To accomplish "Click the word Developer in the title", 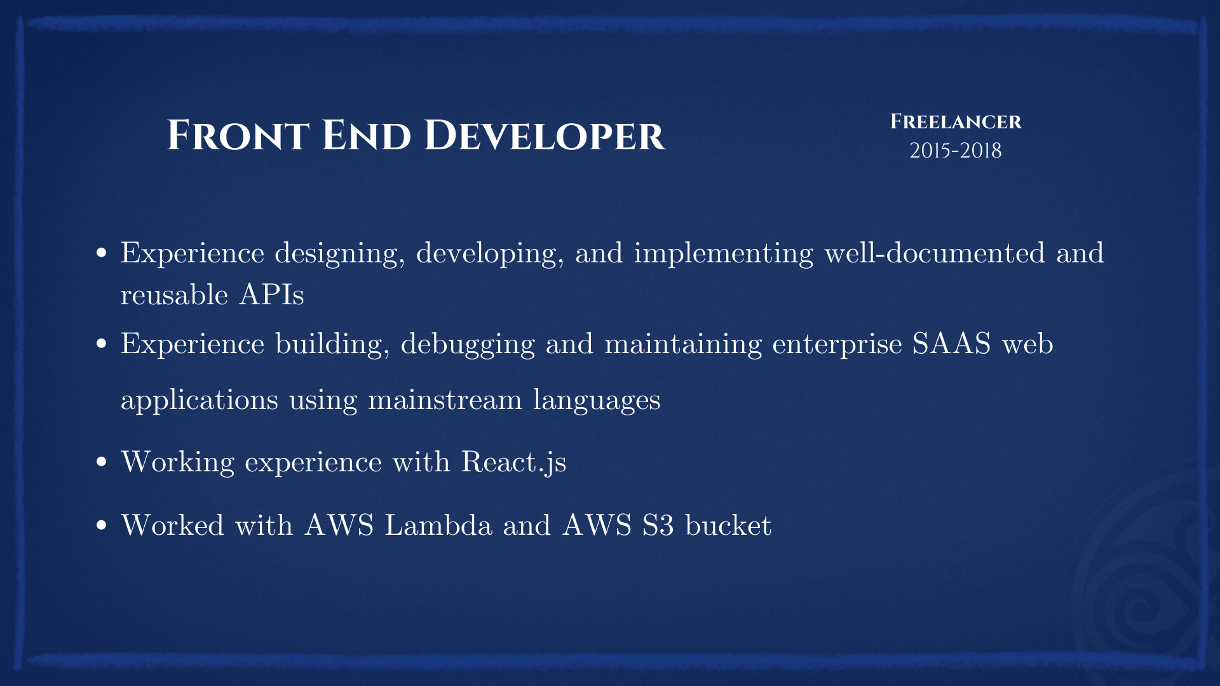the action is pyautogui.click(x=545, y=135).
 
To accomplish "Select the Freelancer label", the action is pyautogui.click(x=956, y=121).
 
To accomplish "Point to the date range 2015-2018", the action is pyautogui.click(x=955, y=151).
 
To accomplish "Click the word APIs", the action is pyautogui.click(x=271, y=295).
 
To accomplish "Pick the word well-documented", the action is pyautogui.click(x=935, y=253).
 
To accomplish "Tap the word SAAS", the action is pyautogui.click(x=951, y=344).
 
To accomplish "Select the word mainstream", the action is pyautogui.click(x=445, y=400).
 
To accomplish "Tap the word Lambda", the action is pyautogui.click(x=438, y=525).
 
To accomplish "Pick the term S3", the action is pyautogui.click(x=658, y=525).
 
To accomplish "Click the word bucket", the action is pyautogui.click(x=728, y=525).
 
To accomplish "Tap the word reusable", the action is pyautogui.click(x=174, y=295).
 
